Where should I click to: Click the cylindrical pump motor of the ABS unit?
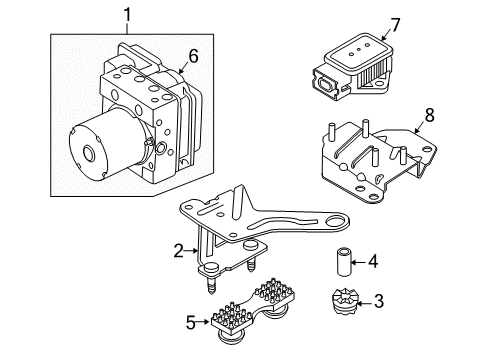tap(95, 149)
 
